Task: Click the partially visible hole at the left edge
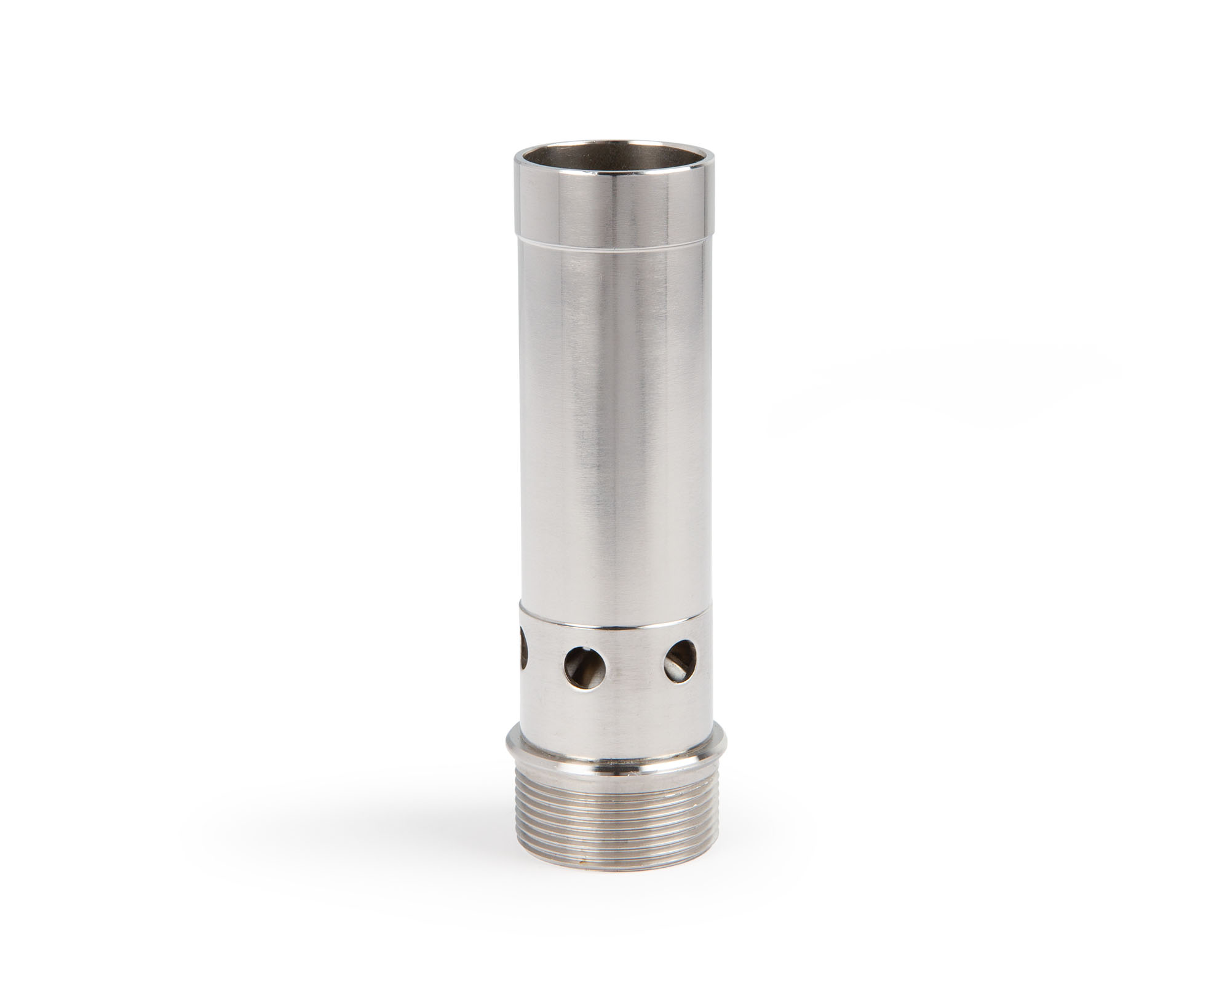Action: [523, 658]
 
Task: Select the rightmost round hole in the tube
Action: [680, 660]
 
